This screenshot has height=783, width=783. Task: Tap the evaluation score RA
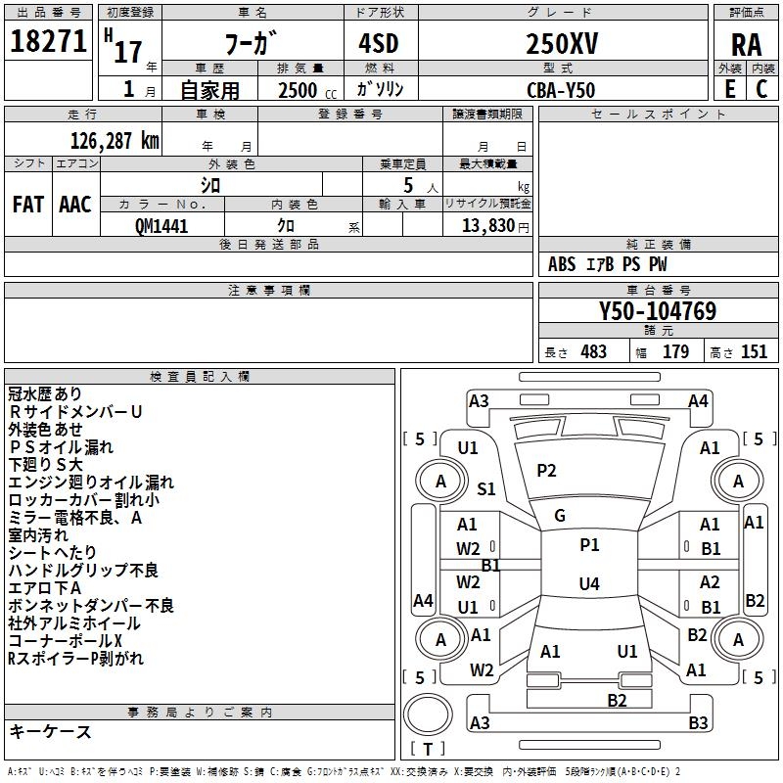click(x=746, y=44)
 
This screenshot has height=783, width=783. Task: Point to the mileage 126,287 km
click(x=115, y=140)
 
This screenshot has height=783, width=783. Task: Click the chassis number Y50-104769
click(x=657, y=312)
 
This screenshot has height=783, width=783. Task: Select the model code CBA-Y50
click(x=560, y=90)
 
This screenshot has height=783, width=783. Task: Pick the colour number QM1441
click(x=161, y=225)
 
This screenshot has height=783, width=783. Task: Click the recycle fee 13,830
click(x=485, y=225)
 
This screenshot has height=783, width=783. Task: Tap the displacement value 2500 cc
click(x=299, y=90)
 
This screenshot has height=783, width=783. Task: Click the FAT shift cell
click(x=27, y=205)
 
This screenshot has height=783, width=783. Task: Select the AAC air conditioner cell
click(x=74, y=205)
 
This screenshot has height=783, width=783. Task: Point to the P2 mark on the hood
click(x=546, y=471)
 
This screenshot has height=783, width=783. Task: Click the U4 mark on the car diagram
click(x=588, y=584)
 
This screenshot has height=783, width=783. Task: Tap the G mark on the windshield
click(x=560, y=515)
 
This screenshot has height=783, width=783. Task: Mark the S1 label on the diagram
click(x=486, y=489)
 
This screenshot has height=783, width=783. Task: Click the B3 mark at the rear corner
click(x=698, y=723)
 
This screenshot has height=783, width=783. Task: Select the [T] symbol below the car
click(x=428, y=750)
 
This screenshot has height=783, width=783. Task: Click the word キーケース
click(x=50, y=732)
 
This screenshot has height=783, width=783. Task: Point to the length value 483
click(x=593, y=352)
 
